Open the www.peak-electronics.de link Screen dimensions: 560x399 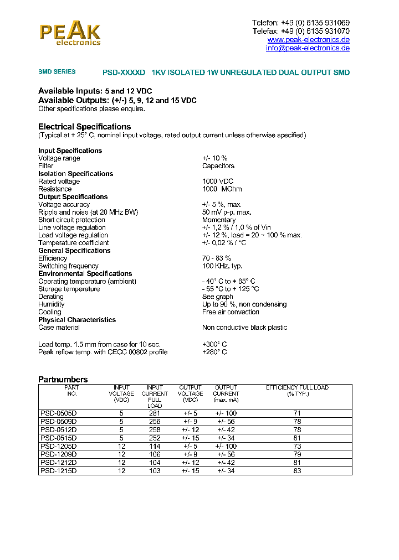pos(308,40)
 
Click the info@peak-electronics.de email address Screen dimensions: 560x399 pos(308,48)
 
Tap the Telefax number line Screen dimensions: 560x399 pos(301,32)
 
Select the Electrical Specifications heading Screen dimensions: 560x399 pos(84,127)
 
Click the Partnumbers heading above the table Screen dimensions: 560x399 pos(63,380)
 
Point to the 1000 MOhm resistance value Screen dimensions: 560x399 pos(218,189)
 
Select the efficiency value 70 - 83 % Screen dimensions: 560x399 pos(217,258)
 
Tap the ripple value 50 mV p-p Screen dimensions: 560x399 pos(227,212)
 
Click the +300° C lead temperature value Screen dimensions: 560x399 pos(214,345)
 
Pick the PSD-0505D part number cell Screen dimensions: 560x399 pos(58,413)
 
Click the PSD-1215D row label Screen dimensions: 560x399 pos(58,471)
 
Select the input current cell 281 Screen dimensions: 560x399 pos(155,413)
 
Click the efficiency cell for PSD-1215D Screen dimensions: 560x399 pos(297,471)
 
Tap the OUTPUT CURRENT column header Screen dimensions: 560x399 pos(226,393)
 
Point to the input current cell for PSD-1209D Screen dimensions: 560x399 pos(155,454)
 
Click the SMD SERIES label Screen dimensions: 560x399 pos(57,72)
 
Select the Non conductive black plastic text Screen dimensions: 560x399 pos(244,328)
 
